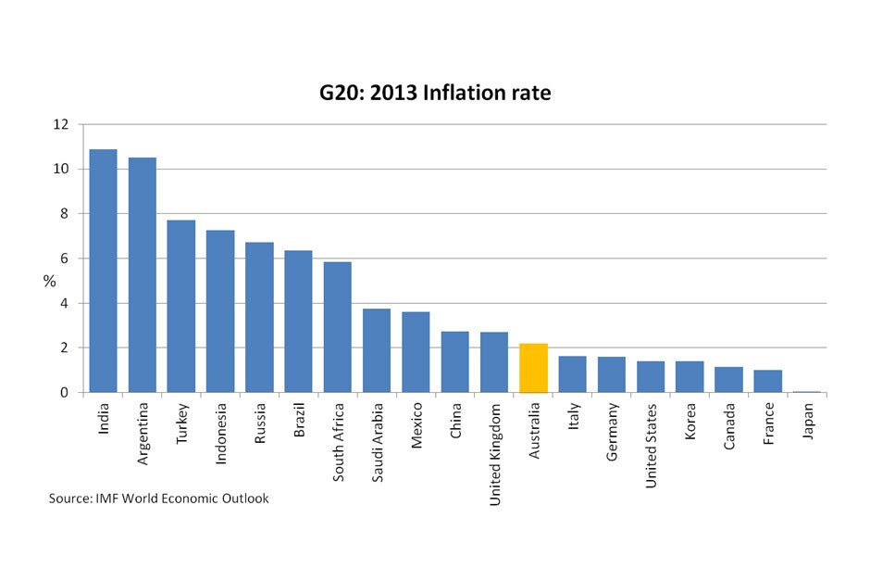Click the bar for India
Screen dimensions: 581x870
(103, 271)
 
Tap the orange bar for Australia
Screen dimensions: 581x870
(534, 368)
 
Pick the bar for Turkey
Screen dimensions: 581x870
(180, 306)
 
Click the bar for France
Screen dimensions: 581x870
(768, 381)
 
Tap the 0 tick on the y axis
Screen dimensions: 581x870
(65, 393)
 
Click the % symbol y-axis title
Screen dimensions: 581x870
(49, 281)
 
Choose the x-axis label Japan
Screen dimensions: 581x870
(808, 422)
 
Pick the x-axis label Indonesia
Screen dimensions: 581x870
(220, 434)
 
